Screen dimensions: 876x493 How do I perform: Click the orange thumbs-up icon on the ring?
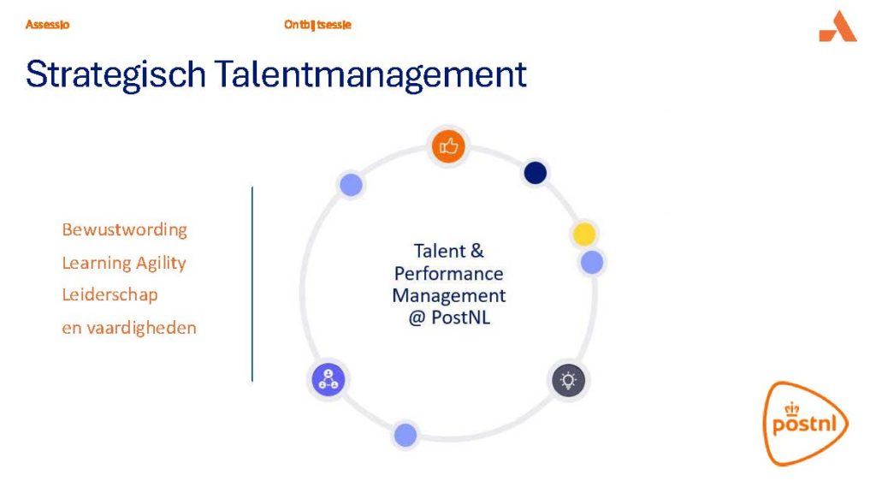click(448, 146)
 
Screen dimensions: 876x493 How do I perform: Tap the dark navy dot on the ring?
click(536, 173)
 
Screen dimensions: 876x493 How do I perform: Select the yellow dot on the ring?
click(584, 235)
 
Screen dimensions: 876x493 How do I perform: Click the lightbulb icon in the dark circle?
click(568, 381)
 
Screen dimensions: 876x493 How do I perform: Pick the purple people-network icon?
click(328, 379)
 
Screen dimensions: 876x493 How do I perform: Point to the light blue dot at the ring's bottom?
click(405, 435)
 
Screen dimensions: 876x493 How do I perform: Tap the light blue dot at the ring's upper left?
click(351, 185)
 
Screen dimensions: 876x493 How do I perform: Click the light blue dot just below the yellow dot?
click(592, 262)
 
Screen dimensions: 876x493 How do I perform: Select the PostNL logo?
click(805, 423)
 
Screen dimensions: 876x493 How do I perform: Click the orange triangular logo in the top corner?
click(838, 27)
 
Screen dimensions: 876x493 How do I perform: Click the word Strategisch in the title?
click(115, 75)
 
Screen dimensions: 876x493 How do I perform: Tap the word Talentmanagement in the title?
click(370, 75)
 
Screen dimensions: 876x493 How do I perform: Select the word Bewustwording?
click(125, 229)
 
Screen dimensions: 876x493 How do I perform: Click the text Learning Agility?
click(124, 263)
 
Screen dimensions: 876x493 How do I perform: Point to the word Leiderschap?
click(110, 294)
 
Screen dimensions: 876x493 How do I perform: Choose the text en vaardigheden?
click(129, 328)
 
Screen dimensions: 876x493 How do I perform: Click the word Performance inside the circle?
click(448, 274)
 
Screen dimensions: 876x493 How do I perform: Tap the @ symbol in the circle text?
click(417, 318)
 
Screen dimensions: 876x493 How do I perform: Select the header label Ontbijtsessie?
click(317, 25)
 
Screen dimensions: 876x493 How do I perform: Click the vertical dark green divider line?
click(252, 284)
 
